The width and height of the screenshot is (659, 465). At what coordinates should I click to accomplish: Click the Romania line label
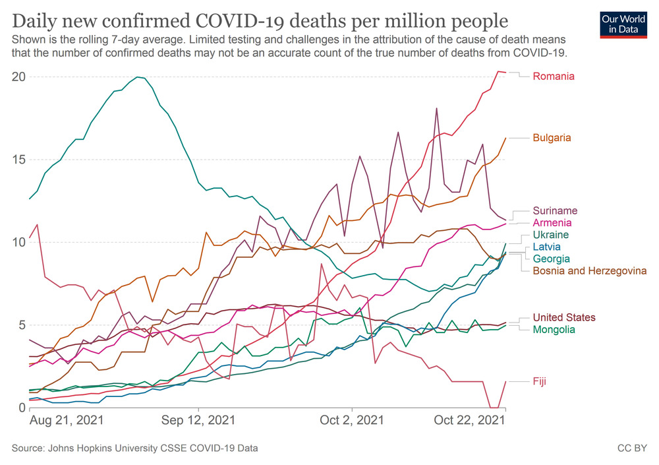[554, 77]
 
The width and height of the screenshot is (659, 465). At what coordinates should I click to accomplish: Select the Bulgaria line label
[552, 138]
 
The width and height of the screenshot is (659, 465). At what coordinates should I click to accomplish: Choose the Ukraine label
[550, 235]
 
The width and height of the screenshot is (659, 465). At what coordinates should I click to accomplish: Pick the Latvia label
[546, 247]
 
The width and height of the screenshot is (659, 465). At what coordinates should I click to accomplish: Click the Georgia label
[551, 259]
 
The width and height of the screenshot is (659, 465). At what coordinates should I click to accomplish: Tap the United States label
[564, 318]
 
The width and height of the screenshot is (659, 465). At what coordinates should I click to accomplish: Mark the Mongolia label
[554, 330]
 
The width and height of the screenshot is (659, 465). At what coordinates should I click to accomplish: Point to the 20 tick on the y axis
[18, 77]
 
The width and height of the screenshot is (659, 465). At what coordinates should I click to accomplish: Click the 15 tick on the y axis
[18, 160]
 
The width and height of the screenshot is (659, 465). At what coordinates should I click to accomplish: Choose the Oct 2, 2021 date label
[353, 420]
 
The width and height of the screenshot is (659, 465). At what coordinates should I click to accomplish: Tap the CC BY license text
[631, 449]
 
